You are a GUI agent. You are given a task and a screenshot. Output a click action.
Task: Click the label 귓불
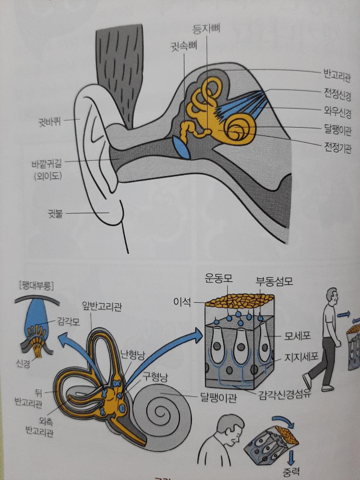(59, 213)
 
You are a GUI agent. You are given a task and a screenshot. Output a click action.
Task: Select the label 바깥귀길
(47, 165)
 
